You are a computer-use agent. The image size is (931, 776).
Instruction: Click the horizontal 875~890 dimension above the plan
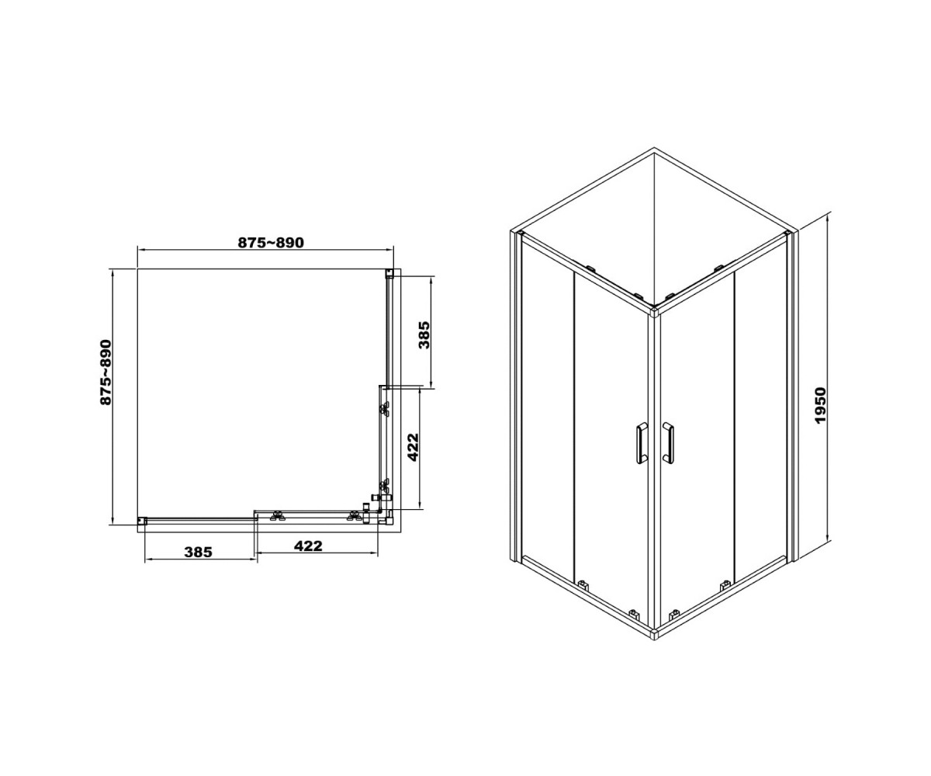[271, 243]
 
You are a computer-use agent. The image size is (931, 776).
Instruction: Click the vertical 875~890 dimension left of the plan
[106, 372]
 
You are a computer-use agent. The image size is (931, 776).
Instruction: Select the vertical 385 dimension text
[424, 335]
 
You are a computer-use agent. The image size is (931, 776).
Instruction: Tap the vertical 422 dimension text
[414, 447]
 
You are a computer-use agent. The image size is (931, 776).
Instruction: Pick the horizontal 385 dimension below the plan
[199, 552]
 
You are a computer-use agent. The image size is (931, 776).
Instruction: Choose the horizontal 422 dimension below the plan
[308, 546]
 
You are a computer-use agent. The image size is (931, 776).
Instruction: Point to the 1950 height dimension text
[820, 406]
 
